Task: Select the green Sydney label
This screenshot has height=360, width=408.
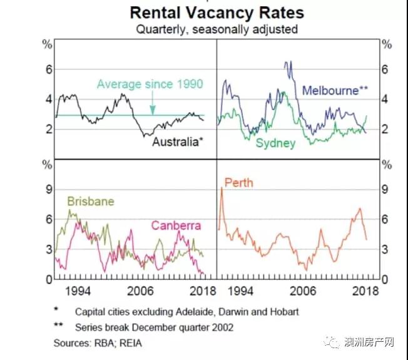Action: (x=275, y=143)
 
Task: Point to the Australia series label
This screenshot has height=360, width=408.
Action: (x=178, y=141)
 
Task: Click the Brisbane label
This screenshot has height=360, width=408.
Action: (x=91, y=202)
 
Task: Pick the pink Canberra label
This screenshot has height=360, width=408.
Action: (x=175, y=225)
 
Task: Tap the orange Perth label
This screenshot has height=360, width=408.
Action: (x=238, y=183)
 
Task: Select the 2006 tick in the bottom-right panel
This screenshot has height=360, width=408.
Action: (x=302, y=291)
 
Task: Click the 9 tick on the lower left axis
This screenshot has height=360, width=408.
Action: (x=46, y=189)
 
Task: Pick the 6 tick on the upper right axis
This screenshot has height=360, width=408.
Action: (x=386, y=69)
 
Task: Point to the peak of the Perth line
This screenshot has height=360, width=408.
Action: (x=222, y=188)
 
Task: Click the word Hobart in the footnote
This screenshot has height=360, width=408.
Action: (x=285, y=311)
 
